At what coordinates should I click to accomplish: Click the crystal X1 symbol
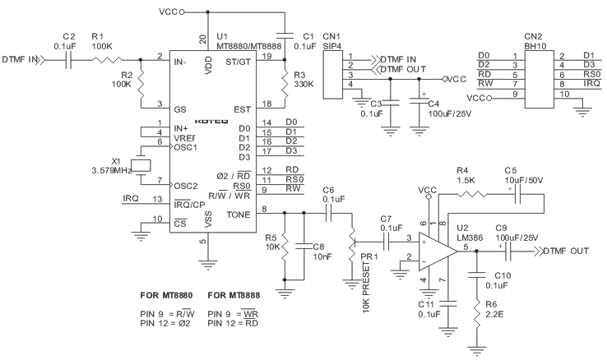(141, 165)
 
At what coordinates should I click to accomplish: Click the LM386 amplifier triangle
(438, 252)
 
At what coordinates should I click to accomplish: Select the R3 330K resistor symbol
(285, 84)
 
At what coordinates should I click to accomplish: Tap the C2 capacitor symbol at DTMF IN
(68, 60)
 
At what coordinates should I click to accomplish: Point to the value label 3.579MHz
(112, 170)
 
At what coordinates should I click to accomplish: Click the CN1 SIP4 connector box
(332, 74)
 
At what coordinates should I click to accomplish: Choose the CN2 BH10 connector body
(540, 79)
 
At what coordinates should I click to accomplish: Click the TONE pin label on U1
(239, 215)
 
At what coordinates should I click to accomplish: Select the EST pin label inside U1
(242, 110)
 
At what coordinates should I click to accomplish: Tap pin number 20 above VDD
(203, 39)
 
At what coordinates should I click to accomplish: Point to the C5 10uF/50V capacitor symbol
(518, 196)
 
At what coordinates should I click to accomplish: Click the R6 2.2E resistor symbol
(476, 317)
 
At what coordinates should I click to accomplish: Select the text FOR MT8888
(234, 295)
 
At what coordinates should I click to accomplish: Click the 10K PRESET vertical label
(366, 288)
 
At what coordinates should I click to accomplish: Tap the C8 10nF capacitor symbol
(303, 246)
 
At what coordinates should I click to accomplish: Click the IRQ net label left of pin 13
(131, 198)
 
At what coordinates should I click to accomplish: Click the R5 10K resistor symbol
(285, 247)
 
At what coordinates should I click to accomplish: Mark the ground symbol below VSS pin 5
(208, 265)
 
